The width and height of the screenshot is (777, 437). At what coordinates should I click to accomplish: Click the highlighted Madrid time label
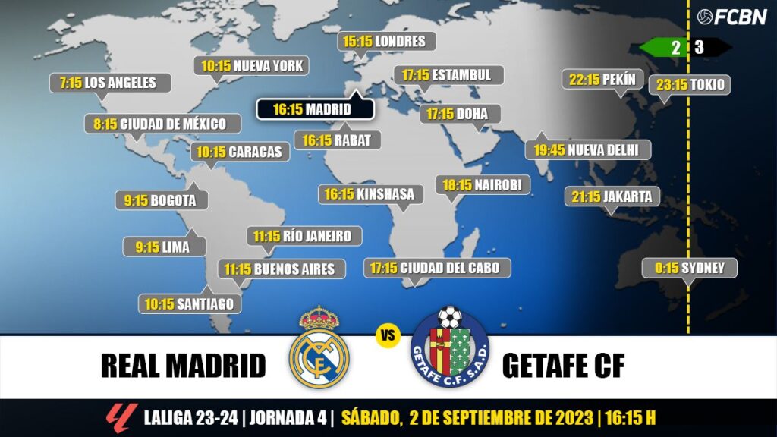tap(315, 109)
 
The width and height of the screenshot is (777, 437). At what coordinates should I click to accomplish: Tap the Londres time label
tap(387, 41)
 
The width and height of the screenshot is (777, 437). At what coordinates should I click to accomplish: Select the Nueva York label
tap(252, 66)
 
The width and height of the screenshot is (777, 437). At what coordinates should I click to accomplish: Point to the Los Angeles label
tap(110, 83)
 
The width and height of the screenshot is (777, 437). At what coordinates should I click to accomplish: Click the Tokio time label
tap(690, 85)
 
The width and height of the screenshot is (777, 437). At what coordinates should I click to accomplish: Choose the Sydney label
tap(689, 268)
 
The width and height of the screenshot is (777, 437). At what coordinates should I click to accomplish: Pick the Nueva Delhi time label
tap(587, 150)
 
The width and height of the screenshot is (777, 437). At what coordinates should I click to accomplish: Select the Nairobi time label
tap(483, 185)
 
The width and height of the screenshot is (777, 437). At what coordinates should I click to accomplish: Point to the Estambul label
tap(447, 75)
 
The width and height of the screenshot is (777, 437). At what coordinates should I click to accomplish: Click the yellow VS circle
tap(388, 336)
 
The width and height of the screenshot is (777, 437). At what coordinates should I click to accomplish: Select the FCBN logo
tap(731, 17)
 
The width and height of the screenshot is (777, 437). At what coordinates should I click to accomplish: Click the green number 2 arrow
tap(665, 47)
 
